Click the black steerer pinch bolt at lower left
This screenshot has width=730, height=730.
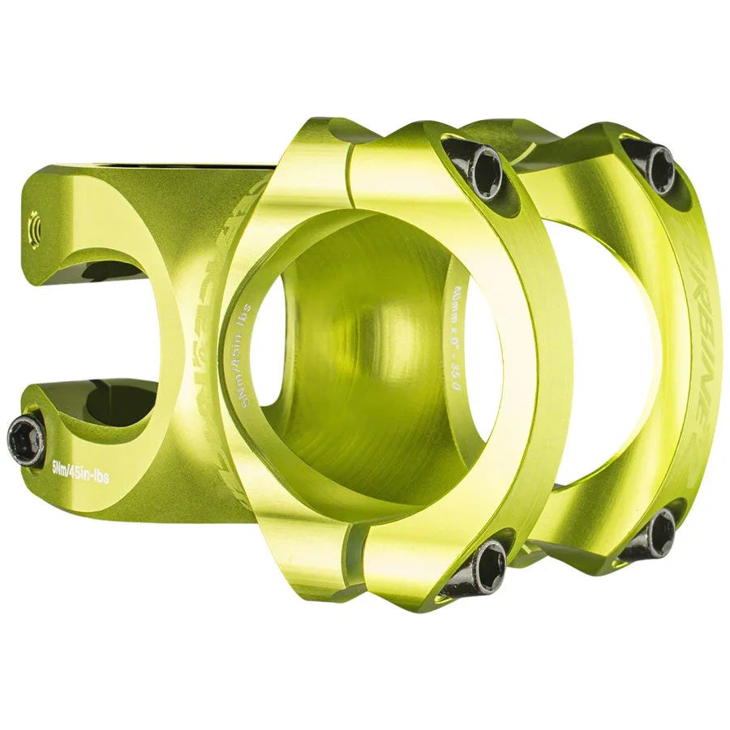point(27,440)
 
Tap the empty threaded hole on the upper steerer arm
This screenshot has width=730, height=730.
point(34,221)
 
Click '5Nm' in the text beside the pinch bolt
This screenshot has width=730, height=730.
point(60,468)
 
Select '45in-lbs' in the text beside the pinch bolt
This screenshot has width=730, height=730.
point(89,475)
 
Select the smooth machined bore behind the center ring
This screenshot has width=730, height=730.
point(365,365)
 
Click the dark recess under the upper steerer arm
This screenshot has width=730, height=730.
point(114,272)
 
